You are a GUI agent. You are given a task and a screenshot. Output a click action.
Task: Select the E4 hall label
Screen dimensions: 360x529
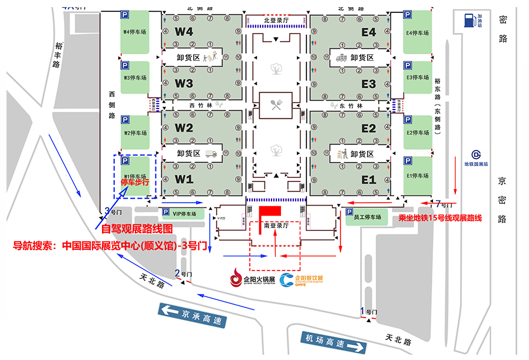(369, 33)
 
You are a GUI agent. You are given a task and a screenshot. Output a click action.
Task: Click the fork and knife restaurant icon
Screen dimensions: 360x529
(275, 106)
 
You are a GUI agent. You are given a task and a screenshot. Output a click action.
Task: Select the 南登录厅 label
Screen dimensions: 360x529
(275, 226)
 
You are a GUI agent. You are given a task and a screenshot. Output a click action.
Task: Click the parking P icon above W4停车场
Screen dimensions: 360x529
(125, 14)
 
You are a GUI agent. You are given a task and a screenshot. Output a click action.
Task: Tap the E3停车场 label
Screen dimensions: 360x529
(418, 77)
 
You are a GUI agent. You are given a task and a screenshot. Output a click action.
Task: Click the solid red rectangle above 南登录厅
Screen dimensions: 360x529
(272, 210)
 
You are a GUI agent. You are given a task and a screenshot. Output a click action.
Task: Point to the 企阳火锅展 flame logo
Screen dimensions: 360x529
(237, 276)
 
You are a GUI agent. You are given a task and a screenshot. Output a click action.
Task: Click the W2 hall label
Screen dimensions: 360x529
(184, 128)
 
